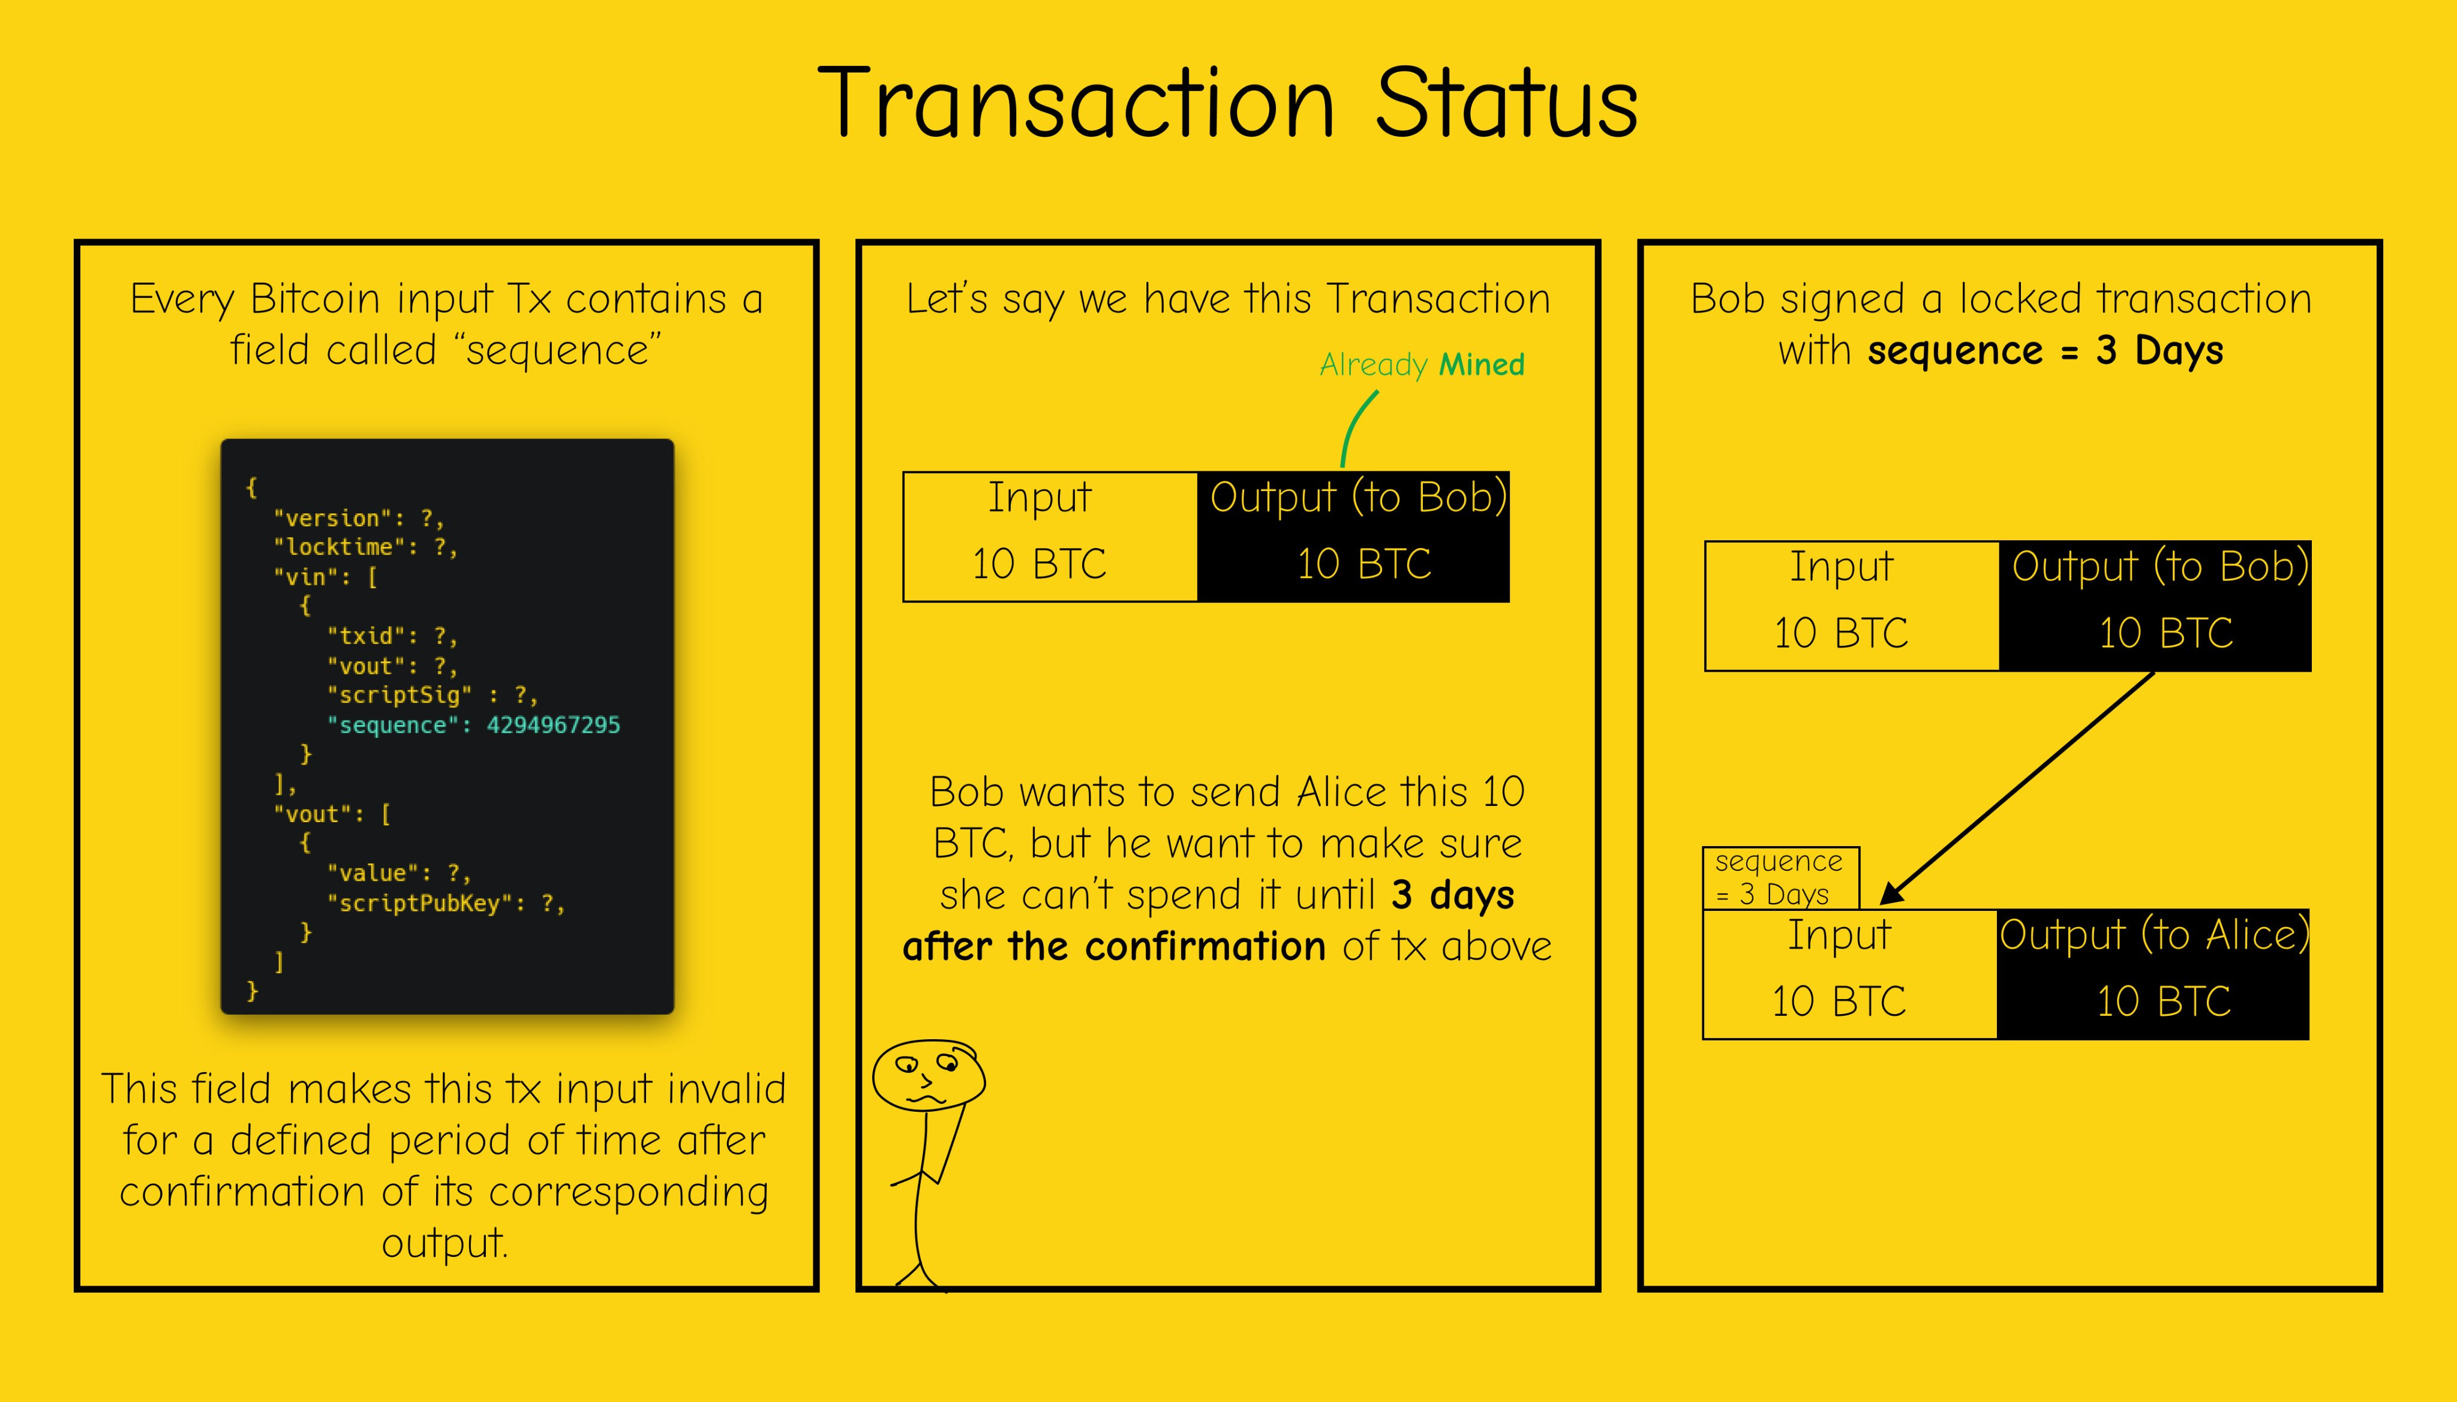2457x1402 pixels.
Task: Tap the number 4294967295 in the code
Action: click(553, 725)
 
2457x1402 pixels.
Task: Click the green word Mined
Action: click(1481, 365)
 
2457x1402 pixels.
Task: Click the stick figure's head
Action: click(929, 1075)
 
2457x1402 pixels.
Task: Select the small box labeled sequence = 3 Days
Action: click(1781, 878)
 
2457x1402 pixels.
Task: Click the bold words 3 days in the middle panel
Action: click(1452, 895)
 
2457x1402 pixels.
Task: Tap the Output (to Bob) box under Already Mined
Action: click(1353, 536)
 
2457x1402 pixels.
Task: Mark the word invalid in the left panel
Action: click(726, 1089)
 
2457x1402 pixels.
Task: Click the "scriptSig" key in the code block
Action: click(400, 695)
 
